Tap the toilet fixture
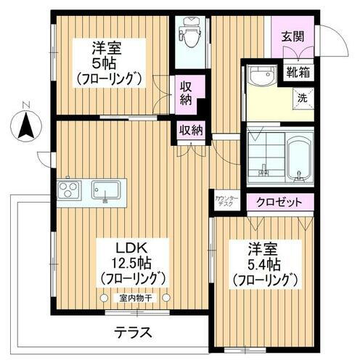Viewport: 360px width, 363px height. pos(190,33)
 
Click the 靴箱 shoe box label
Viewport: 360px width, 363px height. pos(298,72)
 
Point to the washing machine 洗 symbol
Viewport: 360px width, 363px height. pos(300,97)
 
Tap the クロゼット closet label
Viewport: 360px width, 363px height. pos(280,203)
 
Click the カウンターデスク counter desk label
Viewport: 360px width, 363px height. pos(224,201)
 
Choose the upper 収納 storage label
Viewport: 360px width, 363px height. pos(185,93)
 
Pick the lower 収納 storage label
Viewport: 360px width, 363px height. pos(191,130)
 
